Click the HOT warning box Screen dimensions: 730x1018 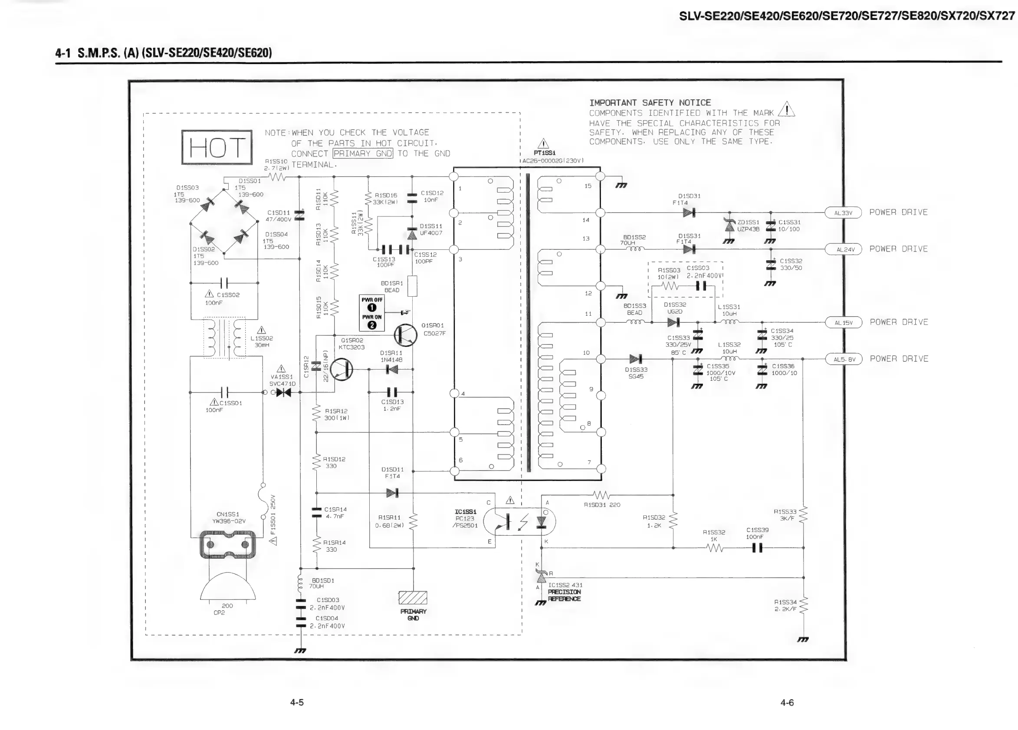point(217,147)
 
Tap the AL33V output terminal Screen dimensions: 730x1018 point(843,213)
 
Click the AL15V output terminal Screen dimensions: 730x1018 point(844,323)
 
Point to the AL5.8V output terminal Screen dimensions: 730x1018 point(844,360)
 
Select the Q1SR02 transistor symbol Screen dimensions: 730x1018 point(341,370)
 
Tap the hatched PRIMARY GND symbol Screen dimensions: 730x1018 point(413,598)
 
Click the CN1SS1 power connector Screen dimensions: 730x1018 point(227,544)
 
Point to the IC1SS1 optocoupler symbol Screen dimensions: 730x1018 point(524,521)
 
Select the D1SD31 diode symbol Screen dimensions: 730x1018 point(689,212)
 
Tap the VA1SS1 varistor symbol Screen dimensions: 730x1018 point(283,393)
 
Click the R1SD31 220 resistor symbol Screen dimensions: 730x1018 point(601,495)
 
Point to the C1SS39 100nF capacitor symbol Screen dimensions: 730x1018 point(757,548)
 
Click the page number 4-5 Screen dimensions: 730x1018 point(297,703)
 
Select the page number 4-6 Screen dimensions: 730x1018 point(787,703)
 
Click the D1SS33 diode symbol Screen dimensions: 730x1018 point(636,359)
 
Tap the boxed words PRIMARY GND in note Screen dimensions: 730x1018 point(363,154)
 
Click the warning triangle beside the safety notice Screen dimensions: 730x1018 point(786,109)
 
